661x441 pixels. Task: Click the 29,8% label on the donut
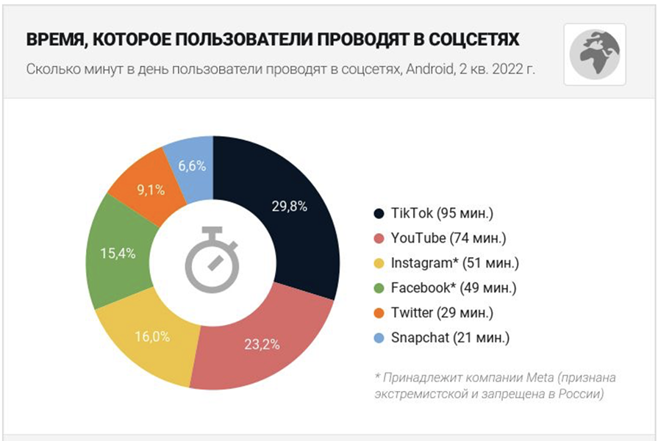click(x=288, y=206)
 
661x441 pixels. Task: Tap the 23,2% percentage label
click(x=261, y=344)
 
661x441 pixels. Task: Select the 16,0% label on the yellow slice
click(x=152, y=337)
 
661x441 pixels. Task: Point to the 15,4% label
click(x=118, y=254)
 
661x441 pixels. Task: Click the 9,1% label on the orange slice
click(x=151, y=188)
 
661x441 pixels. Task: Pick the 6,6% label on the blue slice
click(x=192, y=166)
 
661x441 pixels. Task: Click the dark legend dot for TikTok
click(x=379, y=214)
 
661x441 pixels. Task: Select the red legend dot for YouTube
click(x=379, y=239)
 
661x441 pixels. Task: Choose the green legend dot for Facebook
click(x=379, y=288)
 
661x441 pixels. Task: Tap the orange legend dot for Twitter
click(x=379, y=313)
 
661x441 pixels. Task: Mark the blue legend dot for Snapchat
click(x=379, y=338)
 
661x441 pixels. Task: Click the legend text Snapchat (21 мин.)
click(x=450, y=338)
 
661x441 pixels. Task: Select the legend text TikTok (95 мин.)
click(x=443, y=214)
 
